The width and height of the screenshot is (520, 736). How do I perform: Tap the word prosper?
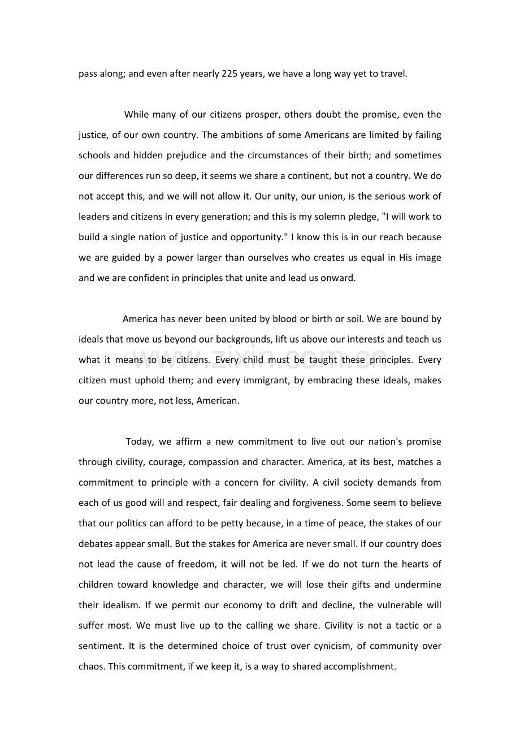tap(262, 115)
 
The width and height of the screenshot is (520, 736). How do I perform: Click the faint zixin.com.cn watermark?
tap(260, 357)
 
